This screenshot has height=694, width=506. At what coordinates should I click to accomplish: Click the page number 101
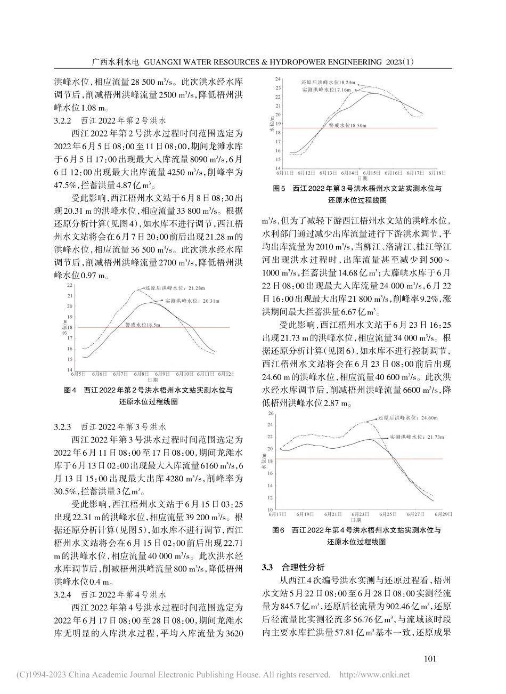coord(429,659)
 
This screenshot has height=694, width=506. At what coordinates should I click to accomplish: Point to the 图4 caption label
coord(71,390)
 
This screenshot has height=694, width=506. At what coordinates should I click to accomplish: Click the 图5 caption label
coord(280,189)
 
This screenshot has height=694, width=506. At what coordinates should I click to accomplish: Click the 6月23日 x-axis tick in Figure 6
coord(361,514)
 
